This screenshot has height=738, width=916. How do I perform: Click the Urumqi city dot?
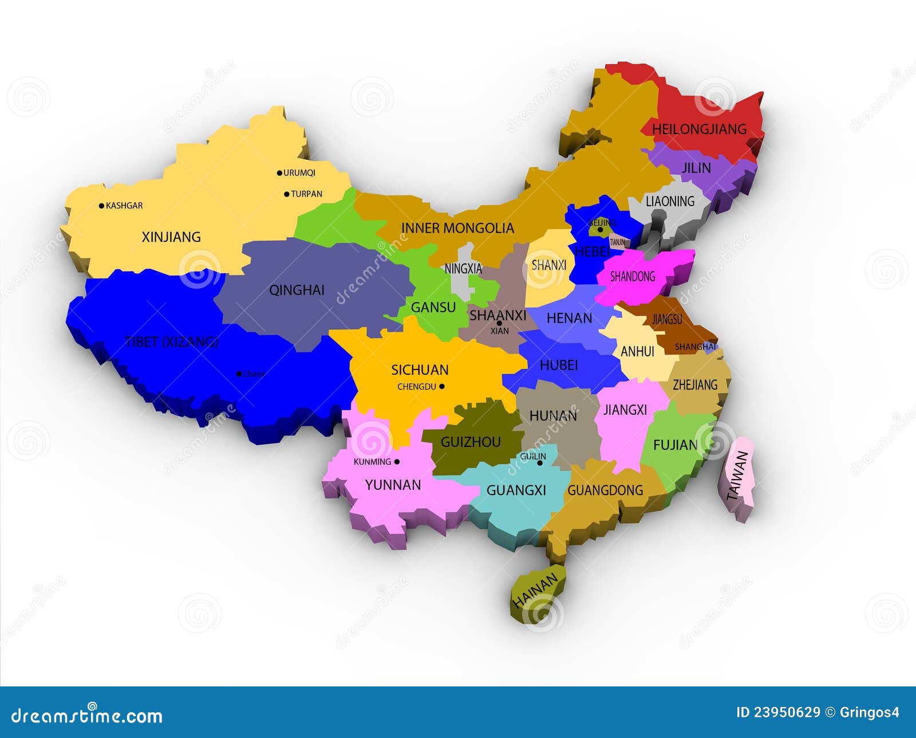[279, 173]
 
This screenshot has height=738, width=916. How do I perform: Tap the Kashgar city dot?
[102, 206]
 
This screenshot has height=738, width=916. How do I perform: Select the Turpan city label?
[306, 194]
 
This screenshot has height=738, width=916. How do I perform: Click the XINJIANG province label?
[171, 237]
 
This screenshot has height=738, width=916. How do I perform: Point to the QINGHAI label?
[297, 290]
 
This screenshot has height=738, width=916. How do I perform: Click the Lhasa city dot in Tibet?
[239, 374]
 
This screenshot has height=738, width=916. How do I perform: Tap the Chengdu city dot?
[441, 387]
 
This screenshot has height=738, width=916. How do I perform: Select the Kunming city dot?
[397, 462]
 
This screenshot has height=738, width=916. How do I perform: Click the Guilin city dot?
[539, 463]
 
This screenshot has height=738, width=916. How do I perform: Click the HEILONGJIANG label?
[699, 129]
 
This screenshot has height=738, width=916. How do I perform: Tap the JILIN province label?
[696, 168]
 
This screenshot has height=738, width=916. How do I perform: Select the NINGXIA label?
[463, 268]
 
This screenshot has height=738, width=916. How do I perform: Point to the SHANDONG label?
[633, 277]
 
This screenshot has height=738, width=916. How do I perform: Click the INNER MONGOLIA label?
[457, 228]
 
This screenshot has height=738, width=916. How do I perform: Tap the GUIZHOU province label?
[471, 442]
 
